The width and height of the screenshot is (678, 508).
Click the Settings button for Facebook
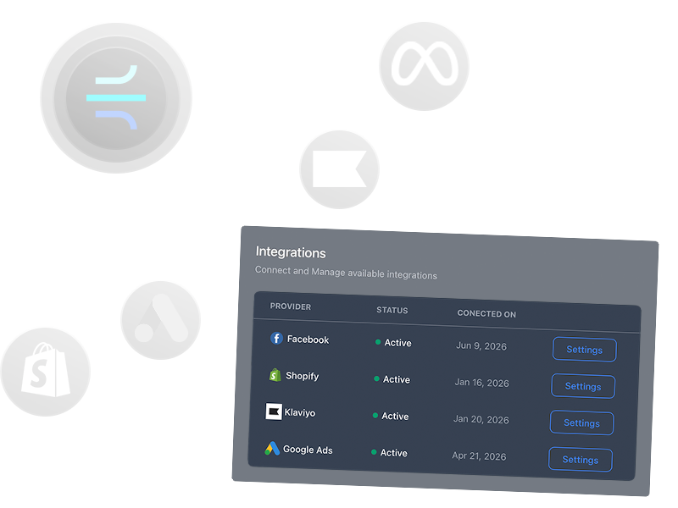[x=584, y=350]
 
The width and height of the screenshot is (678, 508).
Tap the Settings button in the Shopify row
[x=583, y=386]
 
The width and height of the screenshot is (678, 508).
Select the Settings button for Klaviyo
[x=581, y=423]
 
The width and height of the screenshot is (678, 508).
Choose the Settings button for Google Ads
[x=581, y=460]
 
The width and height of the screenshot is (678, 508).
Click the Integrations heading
[x=291, y=252]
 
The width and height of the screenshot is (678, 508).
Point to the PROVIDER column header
[x=291, y=306]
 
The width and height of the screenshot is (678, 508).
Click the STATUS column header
[x=392, y=311]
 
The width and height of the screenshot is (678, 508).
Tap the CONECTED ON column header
[x=486, y=314]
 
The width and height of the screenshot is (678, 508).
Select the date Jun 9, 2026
[x=481, y=345]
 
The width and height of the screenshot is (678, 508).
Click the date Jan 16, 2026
[x=481, y=383]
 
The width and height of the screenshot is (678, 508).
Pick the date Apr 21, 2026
[x=479, y=456]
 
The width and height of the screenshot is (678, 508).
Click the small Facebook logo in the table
[x=276, y=339]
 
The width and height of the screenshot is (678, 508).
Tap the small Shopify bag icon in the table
[x=275, y=375]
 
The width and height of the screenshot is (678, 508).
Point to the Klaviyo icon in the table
[x=274, y=412]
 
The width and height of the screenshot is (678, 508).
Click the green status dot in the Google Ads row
[x=374, y=452]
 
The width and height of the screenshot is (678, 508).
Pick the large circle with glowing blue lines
[x=116, y=98]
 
